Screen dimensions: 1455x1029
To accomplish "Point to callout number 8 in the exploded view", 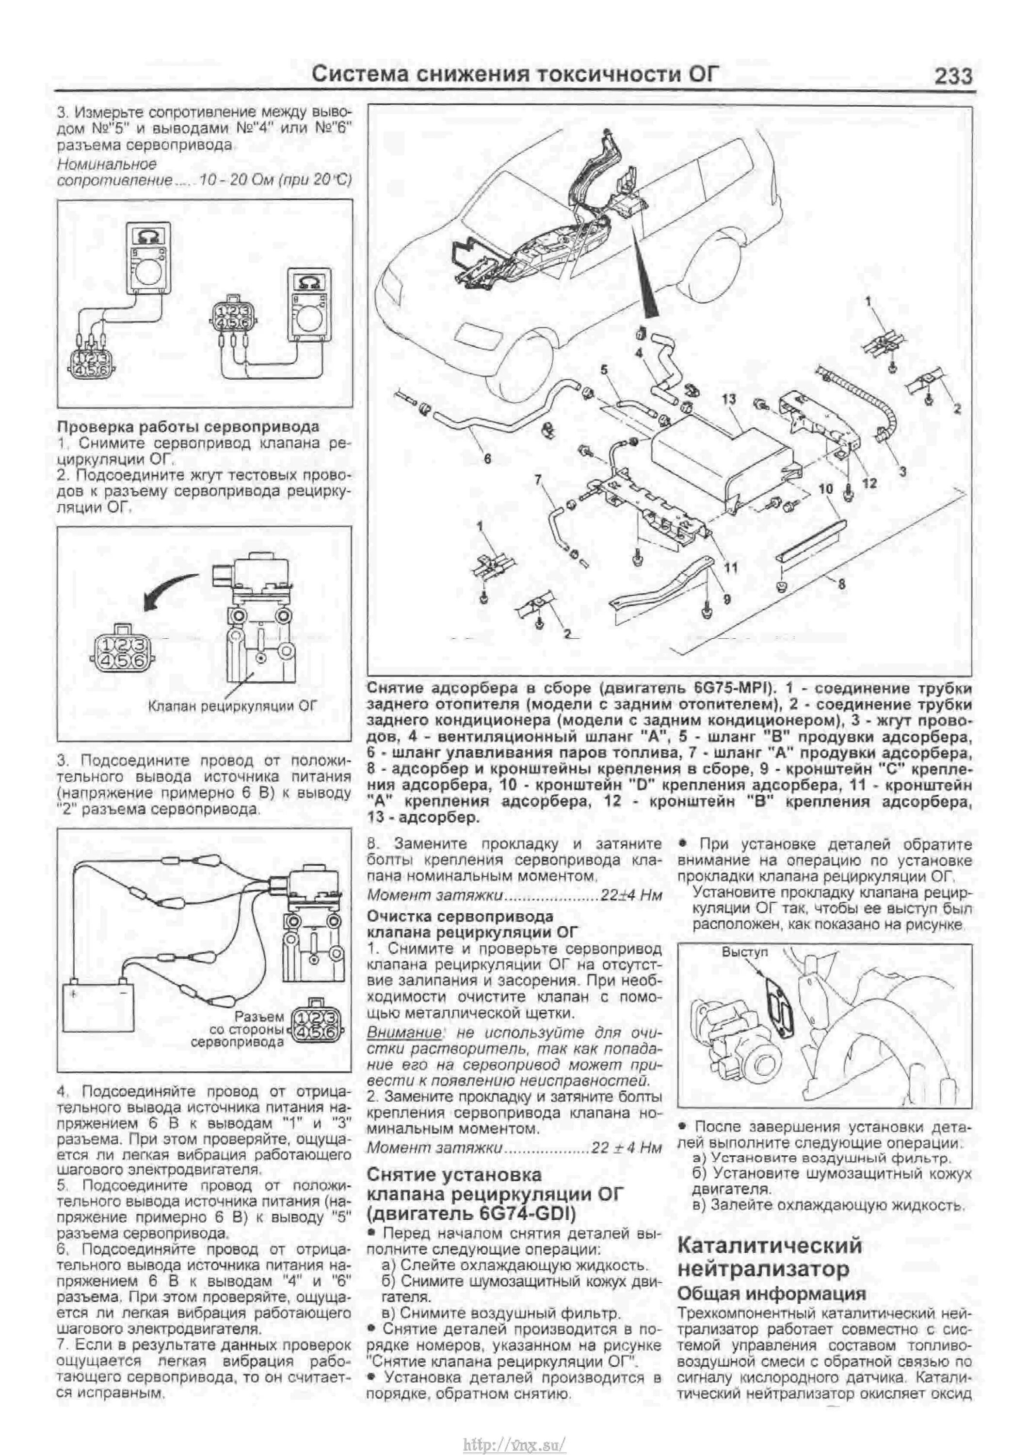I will [841, 583].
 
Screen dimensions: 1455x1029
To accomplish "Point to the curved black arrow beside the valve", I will [166, 587].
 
